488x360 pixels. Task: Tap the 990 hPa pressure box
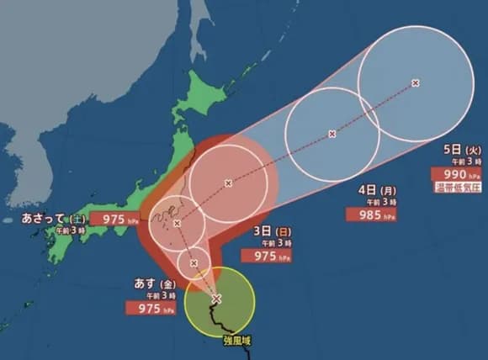pyautogui.click(x=454, y=175)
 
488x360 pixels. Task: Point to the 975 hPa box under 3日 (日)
pyautogui.click(x=265, y=256)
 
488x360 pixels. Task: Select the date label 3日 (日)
pyautogui.click(x=268, y=230)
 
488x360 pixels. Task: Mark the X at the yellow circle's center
pyautogui.click(x=216, y=299)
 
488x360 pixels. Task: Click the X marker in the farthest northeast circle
pyautogui.click(x=416, y=82)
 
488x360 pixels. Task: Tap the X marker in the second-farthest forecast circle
pyautogui.click(x=332, y=134)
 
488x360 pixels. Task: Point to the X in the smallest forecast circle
pyautogui.click(x=194, y=263)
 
